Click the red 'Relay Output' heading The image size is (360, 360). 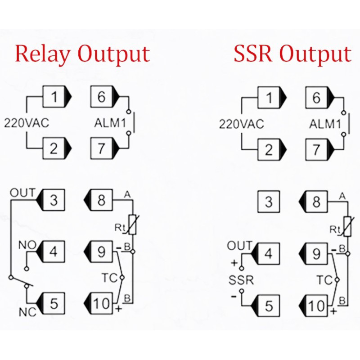[x=82, y=54]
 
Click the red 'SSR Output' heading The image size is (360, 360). [x=292, y=54]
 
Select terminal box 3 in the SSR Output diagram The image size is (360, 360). [x=269, y=202]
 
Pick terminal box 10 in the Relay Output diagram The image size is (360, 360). [x=101, y=303]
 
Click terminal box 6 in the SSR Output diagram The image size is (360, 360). [x=316, y=98]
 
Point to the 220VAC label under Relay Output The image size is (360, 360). [x=27, y=123]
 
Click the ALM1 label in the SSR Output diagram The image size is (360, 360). [x=325, y=124]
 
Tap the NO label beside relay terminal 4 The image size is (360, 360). [x=27, y=245]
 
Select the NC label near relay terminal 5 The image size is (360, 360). [x=27, y=312]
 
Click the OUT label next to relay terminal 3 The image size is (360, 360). [x=23, y=193]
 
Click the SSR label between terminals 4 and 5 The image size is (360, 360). [x=241, y=280]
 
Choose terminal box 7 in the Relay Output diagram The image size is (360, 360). [x=101, y=148]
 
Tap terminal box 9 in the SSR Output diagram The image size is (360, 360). [x=316, y=254]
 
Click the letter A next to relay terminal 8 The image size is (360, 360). [x=127, y=195]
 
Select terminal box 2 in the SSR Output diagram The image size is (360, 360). [x=269, y=150]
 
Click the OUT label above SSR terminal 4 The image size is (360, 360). [x=240, y=246]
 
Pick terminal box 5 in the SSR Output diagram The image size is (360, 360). [x=269, y=306]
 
